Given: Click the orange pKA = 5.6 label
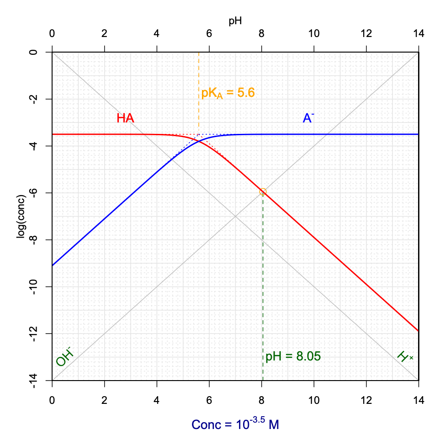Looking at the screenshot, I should coord(228,93).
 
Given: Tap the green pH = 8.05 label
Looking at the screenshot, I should coord(293,356).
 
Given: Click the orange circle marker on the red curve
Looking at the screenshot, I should coord(263,192).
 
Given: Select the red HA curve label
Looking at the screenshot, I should coord(125,118).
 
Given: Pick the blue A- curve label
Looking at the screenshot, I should coord(308,118).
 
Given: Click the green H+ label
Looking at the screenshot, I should coord(404,356).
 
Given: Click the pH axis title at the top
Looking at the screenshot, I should coord(235,21).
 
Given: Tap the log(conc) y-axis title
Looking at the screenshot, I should coord(21,216).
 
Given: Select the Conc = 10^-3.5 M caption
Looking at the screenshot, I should coord(235,424).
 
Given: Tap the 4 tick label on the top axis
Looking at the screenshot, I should coord(157,34).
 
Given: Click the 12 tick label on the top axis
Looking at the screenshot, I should coord(366,34).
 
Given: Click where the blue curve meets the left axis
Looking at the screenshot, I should coord(53,265).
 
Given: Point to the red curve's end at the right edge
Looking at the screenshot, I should coord(418,330).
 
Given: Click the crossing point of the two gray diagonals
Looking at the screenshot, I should coord(235,217).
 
